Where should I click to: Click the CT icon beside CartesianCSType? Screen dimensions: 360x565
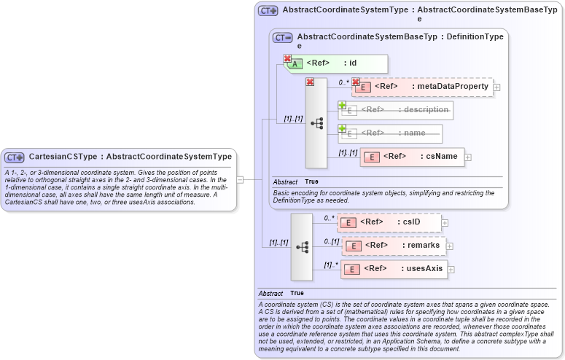pos(15,157)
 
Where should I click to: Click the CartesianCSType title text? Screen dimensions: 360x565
pos(130,157)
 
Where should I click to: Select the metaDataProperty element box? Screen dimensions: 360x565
pos(422,87)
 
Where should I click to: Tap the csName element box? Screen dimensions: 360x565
pos(412,157)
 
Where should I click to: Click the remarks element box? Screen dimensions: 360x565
pos(394,246)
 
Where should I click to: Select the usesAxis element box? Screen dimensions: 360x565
pos(394,269)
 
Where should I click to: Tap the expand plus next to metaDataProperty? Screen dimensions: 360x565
pos(497,87)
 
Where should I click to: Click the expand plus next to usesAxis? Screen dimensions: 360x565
pos(451,270)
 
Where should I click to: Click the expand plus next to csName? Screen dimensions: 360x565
pos(468,157)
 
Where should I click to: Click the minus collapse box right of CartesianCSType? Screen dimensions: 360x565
pos(240,179)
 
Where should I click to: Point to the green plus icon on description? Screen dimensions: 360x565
pos(342,106)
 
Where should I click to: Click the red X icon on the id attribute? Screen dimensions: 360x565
pos(288,58)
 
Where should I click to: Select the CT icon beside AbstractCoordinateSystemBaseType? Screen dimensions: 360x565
pos(282,37)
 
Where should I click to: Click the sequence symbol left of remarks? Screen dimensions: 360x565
pos(302,247)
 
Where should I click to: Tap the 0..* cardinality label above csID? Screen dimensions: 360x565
pos(330,217)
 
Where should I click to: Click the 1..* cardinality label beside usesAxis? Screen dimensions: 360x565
pos(330,264)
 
